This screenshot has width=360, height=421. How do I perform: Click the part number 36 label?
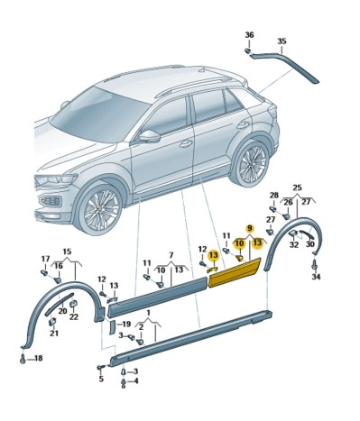(249, 34)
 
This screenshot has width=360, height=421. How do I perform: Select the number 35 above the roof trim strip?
(281, 41)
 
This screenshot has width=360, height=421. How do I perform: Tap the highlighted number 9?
(249, 229)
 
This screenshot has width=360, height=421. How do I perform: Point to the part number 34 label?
(316, 277)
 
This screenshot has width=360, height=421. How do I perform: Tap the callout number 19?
(125, 324)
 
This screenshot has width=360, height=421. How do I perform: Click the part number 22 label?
(73, 316)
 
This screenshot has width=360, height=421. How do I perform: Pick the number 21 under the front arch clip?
(53, 334)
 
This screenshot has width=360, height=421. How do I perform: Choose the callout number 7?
(171, 256)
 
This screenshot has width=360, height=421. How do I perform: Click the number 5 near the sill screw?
(101, 379)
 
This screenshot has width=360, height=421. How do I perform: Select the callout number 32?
(293, 244)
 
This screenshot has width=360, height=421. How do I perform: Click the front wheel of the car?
(100, 208)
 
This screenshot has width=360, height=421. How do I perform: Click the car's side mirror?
(148, 136)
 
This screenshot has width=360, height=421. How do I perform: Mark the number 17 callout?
(45, 260)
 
